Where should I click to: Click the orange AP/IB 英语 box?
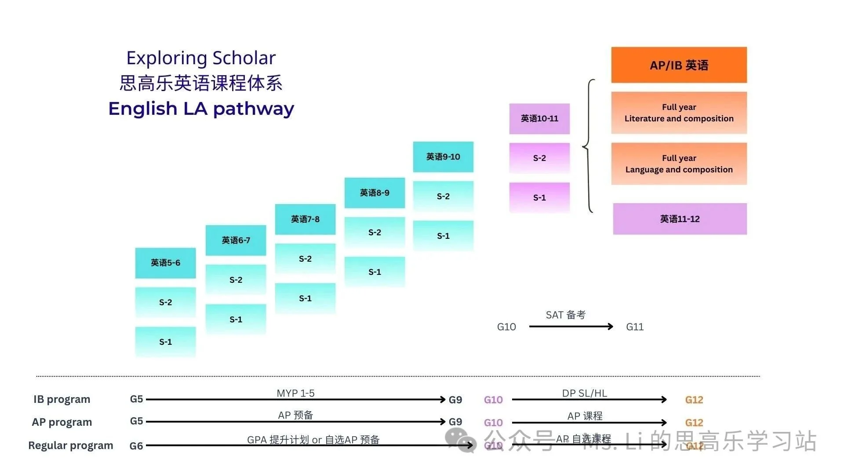679,65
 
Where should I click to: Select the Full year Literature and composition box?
679,113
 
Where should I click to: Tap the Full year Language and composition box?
679,164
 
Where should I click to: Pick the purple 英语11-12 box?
680,219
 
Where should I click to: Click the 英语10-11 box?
539,119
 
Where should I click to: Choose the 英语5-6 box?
165,263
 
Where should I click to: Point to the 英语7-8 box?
305,219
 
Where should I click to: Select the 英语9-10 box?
443,157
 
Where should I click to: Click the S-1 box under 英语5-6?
165,342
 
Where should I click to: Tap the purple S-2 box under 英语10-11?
539,158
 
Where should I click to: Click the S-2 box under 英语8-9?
375,232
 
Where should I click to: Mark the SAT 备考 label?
565,315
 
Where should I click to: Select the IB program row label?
62,399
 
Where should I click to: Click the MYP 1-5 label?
295,393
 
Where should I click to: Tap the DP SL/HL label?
584,393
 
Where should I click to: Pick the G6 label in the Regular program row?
136,446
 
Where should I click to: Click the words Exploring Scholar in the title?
201,58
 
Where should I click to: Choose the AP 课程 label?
585,416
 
